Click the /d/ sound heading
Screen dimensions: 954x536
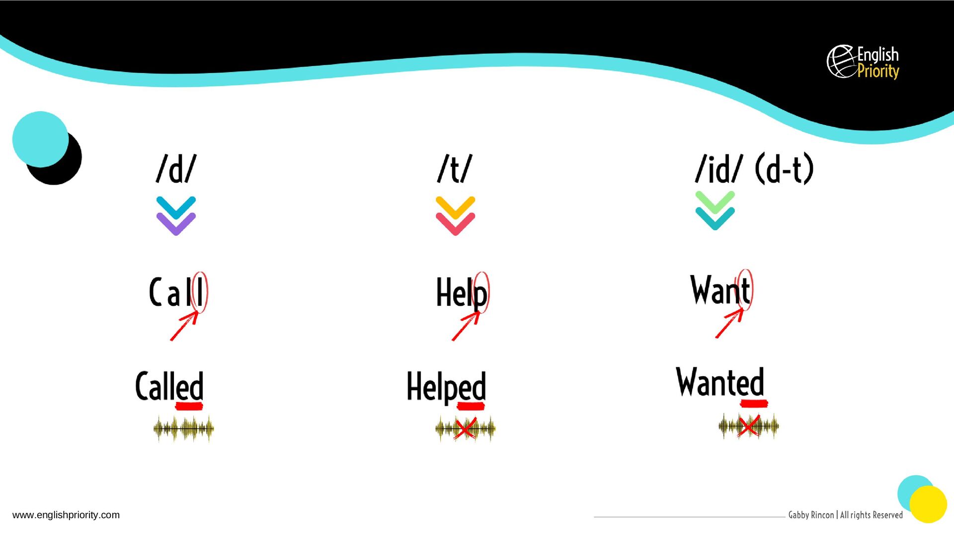tap(176, 169)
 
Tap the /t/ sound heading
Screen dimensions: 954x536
tap(455, 169)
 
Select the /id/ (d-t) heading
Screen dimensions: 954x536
tap(754, 169)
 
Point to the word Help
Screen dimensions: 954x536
tap(461, 293)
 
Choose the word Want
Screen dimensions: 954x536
tap(720, 290)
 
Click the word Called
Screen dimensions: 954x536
tap(169, 386)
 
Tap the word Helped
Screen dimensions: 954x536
tap(446, 387)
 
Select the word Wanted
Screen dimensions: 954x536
tap(720, 382)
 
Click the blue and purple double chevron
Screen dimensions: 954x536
tap(176, 216)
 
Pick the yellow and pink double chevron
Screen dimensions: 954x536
tap(455, 216)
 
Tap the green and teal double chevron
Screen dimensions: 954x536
tap(715, 210)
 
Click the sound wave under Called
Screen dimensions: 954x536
tap(184, 429)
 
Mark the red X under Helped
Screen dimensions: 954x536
tap(465, 428)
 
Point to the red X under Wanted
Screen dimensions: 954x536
tap(749, 426)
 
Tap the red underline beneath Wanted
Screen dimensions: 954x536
tap(754, 403)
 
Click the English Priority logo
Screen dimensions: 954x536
tap(863, 62)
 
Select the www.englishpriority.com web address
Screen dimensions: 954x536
tap(66, 515)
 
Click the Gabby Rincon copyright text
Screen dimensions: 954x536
tap(845, 515)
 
